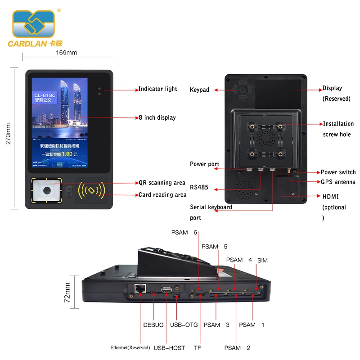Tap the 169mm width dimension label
[x=66, y=53]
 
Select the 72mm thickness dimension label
[x=67, y=293]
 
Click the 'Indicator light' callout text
[x=157, y=89]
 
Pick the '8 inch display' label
[x=157, y=117]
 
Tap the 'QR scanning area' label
[x=162, y=183]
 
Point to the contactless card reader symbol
[x=91, y=190]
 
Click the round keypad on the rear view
[x=243, y=90]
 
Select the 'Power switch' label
[x=338, y=172]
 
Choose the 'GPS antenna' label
[x=338, y=182]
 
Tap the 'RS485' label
[x=199, y=187]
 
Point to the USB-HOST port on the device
[x=166, y=289]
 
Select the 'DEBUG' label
[x=153, y=325]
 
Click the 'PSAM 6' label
[x=184, y=233]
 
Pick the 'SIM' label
[x=262, y=261]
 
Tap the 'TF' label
[x=197, y=347]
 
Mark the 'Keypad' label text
[x=199, y=90]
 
